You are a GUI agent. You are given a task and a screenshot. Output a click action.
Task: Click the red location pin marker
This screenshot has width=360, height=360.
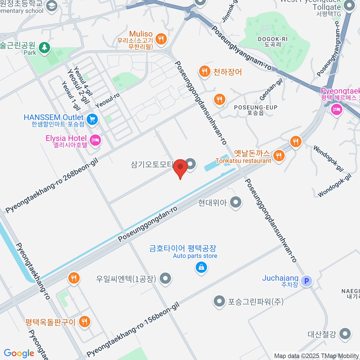180,167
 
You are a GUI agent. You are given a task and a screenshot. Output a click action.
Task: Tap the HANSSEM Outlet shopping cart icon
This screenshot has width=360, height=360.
92,119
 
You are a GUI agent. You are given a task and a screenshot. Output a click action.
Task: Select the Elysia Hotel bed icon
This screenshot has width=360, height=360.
95,140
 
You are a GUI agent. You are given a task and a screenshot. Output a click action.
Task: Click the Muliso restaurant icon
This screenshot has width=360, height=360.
161,38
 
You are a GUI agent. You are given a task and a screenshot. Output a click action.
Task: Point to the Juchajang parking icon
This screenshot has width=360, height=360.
307,281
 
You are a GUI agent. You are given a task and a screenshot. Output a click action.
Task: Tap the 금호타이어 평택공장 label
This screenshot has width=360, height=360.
183,248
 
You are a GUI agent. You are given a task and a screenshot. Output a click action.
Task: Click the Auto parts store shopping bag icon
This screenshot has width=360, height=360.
201,267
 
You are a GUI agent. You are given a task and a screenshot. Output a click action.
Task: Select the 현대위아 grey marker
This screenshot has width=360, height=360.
236,202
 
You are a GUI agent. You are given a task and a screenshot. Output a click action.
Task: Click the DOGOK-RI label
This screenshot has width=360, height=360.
273,39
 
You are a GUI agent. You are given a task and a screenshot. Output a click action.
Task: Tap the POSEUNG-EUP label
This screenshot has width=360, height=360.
256,107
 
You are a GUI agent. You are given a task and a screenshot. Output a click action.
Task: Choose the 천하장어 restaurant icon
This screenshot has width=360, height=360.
205,71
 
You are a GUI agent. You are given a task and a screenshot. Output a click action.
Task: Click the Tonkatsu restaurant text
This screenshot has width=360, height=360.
243,161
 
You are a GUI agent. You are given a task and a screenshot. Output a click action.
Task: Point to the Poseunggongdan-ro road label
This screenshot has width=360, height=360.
148,224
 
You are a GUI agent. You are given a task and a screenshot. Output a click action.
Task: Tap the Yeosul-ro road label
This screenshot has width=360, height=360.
107,100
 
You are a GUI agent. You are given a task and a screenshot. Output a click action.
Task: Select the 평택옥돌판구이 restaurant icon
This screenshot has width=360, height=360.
84,321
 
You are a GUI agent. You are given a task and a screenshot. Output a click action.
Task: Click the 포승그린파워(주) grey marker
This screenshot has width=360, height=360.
219,301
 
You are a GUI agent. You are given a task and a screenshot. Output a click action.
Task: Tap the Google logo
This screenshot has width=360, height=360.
19,353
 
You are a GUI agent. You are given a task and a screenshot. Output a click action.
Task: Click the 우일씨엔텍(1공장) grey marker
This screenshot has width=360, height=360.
165,278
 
